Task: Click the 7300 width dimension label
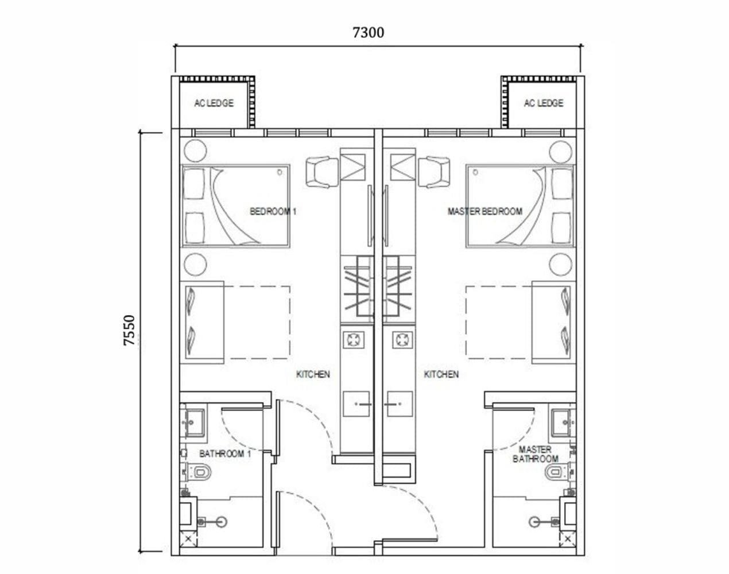[368, 33]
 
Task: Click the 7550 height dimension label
[130, 329]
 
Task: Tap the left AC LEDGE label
[214, 103]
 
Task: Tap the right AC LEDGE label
[543, 103]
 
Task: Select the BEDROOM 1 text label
[273, 211]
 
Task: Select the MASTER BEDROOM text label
[484, 211]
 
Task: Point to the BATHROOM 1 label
[225, 454]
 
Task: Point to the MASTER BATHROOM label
[535, 454]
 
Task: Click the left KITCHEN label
[313, 374]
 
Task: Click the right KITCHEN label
[441, 374]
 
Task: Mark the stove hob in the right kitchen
[401, 340]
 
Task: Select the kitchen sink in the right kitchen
[399, 404]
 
